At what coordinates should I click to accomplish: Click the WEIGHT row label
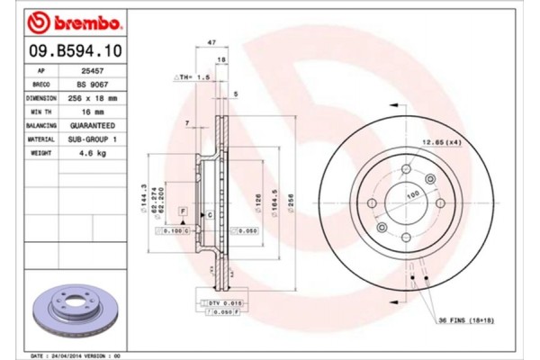point(41,154)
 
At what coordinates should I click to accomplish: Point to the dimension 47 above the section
point(211,43)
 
